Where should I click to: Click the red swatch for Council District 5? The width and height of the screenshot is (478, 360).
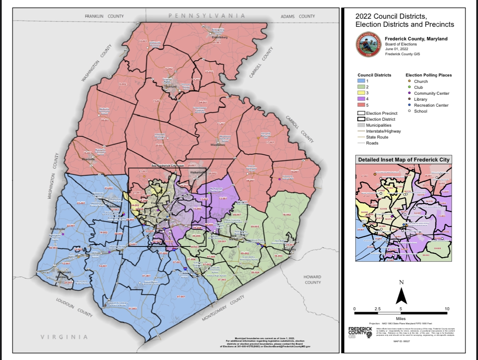pos(361,105)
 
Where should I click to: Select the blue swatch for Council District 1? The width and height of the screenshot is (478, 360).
pos(361,81)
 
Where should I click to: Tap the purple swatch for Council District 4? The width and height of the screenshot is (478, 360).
pos(361,99)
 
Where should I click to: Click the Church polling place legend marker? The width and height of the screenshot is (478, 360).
pos(409,81)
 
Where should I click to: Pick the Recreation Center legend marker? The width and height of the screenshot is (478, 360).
pos(409,105)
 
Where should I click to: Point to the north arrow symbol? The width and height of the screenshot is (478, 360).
pos(401,296)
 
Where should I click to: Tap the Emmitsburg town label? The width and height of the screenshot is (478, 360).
pos(220,37)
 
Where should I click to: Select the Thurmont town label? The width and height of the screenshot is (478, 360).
pos(170,87)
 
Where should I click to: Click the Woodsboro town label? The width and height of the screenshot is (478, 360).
pos(218,145)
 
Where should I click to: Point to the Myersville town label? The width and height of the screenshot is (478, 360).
pos(89,160)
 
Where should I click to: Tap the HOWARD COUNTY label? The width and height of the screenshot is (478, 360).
pos(313,280)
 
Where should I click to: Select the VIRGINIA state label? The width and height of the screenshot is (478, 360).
pos(64,337)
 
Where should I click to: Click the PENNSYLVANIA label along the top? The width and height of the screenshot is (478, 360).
pos(207,16)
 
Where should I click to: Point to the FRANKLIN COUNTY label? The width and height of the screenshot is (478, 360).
pos(104,16)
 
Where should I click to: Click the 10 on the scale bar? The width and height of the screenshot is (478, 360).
pos(447,309)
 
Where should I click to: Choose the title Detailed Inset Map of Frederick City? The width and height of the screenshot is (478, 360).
pos(404,160)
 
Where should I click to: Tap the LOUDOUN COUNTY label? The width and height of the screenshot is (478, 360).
pos(74,307)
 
